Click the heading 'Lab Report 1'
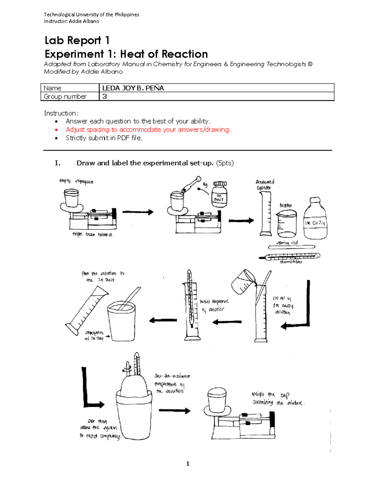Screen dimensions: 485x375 [77, 41]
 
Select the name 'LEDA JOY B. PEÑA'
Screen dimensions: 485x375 [133, 88]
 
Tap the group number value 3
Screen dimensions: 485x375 [105, 97]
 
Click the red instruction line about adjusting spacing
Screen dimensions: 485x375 [148, 130]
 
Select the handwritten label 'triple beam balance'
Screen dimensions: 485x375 [92, 234]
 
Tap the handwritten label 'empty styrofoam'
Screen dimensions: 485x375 [76, 181]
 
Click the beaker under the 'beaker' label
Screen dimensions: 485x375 [287, 224]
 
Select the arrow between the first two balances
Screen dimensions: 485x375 [137, 212]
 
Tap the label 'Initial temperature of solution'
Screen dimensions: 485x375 [214, 305]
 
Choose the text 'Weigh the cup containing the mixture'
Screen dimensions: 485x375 [277, 399]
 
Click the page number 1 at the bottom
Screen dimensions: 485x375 [187, 464]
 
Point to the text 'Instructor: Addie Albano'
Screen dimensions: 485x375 [71, 21]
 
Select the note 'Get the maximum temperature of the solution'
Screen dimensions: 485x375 [172, 384]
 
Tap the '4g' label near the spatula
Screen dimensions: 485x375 [205, 185]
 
